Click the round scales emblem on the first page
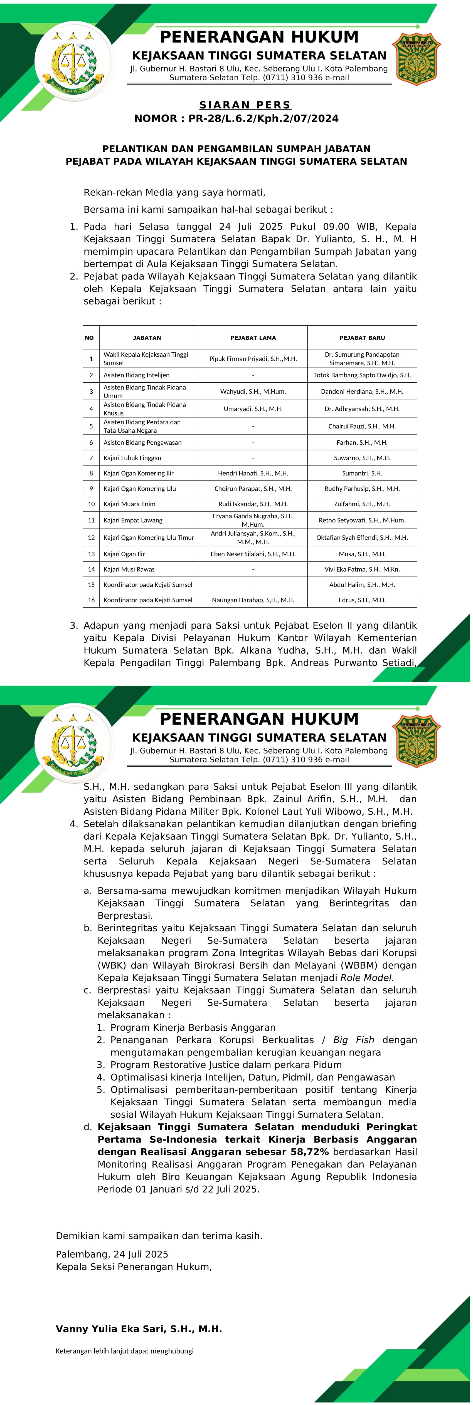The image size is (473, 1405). click(74, 61)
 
